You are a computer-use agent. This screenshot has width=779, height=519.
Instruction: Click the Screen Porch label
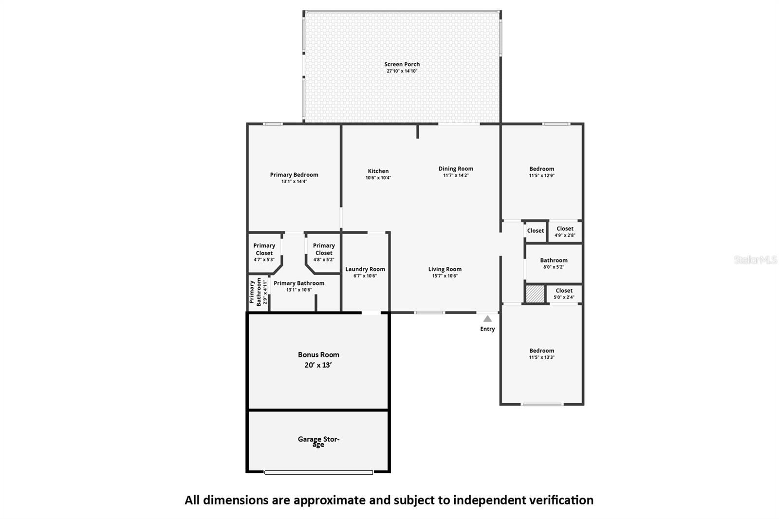pyautogui.click(x=402, y=64)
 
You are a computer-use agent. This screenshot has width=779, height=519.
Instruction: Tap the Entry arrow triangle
pyautogui.click(x=487, y=319)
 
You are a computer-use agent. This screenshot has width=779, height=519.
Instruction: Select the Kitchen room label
pyautogui.click(x=378, y=171)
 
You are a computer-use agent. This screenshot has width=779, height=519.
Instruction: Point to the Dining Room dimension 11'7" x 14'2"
pyautogui.click(x=456, y=176)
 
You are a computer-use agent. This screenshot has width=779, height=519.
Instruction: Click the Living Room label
pyautogui.click(x=445, y=269)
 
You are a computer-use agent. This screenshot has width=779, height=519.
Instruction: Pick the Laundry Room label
pyautogui.click(x=365, y=269)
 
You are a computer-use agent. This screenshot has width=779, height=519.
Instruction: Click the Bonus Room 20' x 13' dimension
pyautogui.click(x=318, y=365)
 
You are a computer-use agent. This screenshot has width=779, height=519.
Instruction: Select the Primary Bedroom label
pyautogui.click(x=294, y=175)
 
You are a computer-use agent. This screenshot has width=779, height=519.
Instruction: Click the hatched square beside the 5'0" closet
pyautogui.click(x=535, y=294)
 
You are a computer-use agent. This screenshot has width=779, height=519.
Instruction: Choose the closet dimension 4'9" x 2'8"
pyautogui.click(x=565, y=235)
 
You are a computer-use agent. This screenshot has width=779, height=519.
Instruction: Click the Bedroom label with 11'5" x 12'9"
pyautogui.click(x=541, y=169)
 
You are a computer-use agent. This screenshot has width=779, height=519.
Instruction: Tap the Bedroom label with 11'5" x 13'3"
pyautogui.click(x=541, y=351)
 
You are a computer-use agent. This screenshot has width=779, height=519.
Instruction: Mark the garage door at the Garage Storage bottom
pyautogui.click(x=318, y=472)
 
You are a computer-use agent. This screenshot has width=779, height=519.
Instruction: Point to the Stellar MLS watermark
pyautogui.click(x=755, y=260)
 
